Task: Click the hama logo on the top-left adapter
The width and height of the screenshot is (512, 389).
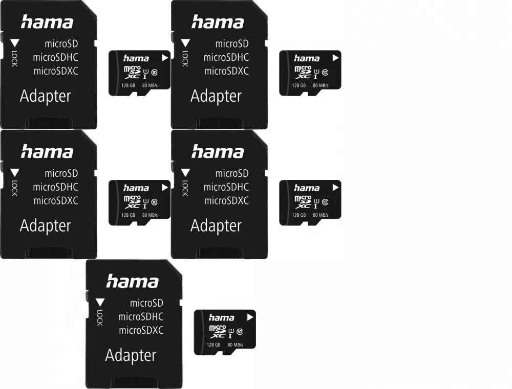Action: tap(47, 22)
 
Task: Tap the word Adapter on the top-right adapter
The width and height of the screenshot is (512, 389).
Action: tap(216, 96)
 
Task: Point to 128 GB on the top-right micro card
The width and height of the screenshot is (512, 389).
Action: tap(299, 86)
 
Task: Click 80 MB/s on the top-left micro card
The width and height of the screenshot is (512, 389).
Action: tap(150, 86)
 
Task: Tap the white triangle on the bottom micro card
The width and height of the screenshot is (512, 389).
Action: tap(250, 317)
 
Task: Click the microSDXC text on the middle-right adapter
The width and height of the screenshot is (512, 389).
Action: tap(226, 200)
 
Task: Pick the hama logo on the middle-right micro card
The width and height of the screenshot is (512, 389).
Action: tap(307, 188)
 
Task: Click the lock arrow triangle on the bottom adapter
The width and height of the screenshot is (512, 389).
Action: tap(100, 302)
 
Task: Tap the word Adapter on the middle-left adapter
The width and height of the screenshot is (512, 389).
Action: tap(45, 225)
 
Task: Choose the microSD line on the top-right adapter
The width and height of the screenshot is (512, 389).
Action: tap(231, 44)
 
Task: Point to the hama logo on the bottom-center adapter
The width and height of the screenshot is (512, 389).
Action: tap(133, 281)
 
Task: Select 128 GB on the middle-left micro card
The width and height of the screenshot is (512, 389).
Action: tap(129, 215)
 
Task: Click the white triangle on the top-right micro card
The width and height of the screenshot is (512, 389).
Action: tap(335, 58)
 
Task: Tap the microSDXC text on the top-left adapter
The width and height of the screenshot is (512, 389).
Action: tap(56, 71)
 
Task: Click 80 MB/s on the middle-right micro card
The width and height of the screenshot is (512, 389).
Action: tap(321, 215)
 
